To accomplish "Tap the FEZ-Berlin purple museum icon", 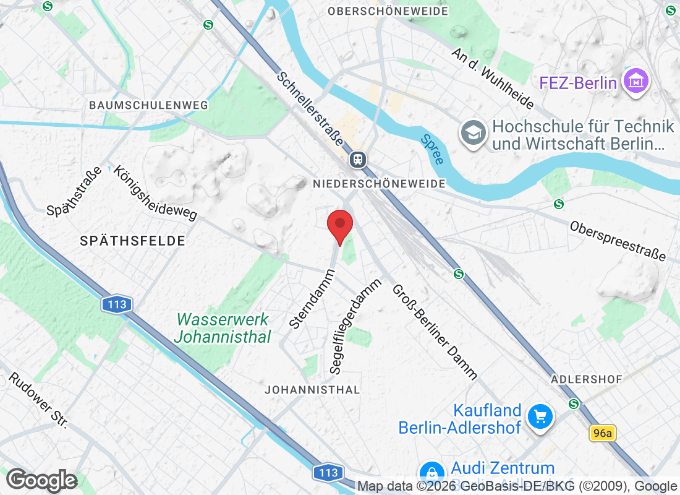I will [x=635, y=82].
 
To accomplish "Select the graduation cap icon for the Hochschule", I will [x=474, y=133].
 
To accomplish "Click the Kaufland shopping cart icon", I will [x=541, y=418].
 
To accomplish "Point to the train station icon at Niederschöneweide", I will [x=357, y=160].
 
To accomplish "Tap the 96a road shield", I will [x=601, y=433].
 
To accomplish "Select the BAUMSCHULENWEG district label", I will [x=148, y=105].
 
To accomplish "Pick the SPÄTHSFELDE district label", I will [x=132, y=241].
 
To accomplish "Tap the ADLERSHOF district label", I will [x=586, y=378].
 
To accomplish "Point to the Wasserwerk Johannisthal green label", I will [x=223, y=328].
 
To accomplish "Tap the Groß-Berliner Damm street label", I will [x=435, y=331].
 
